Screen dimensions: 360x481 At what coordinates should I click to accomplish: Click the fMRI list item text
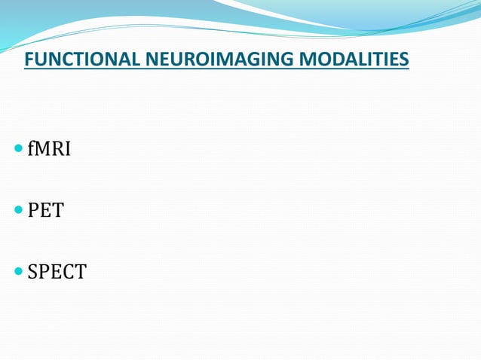pos(49,149)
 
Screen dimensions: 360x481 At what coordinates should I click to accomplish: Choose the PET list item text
pos(45,210)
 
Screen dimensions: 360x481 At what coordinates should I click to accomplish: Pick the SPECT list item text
pos(57,271)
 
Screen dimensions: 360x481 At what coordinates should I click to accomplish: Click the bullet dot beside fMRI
pos(18,150)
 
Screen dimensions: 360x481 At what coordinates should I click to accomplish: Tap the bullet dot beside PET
pos(18,210)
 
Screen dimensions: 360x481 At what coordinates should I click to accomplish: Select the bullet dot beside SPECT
pos(18,271)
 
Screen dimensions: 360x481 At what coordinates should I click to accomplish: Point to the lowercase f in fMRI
pos(31,149)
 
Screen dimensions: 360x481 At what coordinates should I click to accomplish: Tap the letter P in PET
pos(33,210)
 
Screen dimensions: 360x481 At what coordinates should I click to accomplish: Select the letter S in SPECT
pos(32,271)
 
